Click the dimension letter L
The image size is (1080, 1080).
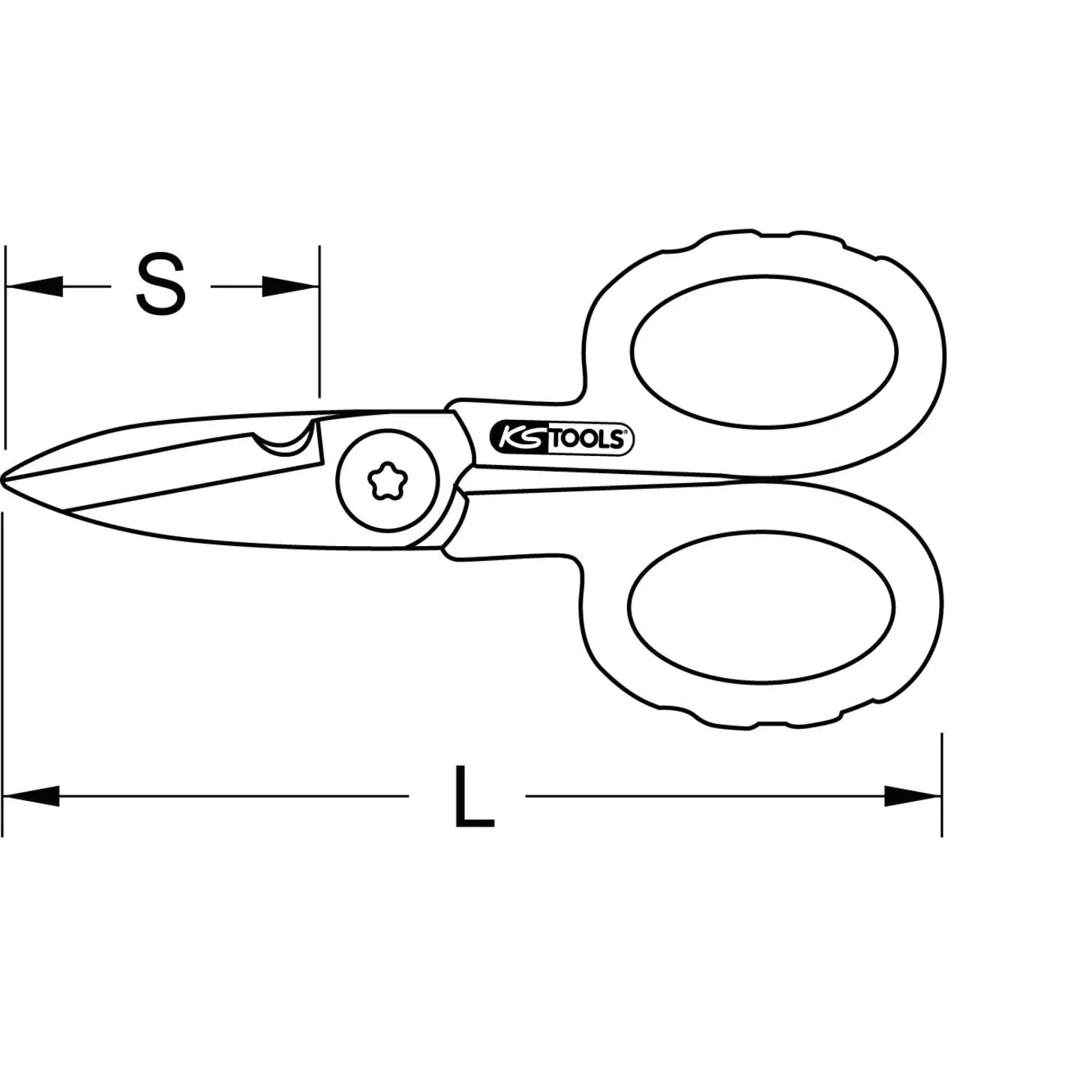(x=473, y=796)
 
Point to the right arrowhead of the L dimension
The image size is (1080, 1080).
(x=912, y=796)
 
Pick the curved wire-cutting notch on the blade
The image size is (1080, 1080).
(x=283, y=443)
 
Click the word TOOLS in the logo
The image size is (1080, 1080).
(x=587, y=439)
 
